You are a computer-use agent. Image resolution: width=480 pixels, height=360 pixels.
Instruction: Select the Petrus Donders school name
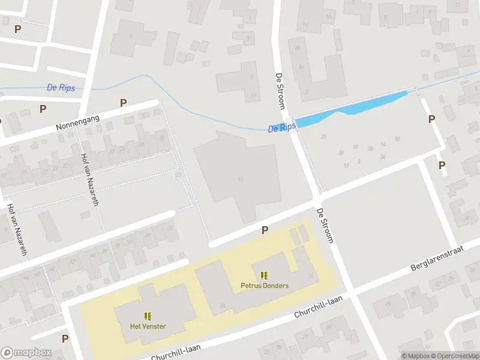tap(265, 286)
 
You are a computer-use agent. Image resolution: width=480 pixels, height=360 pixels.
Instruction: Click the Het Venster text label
tap(148, 326)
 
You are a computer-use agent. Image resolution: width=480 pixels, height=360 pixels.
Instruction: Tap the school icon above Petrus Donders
tap(265, 275)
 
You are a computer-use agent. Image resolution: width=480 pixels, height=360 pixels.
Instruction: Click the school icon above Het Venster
tap(148, 316)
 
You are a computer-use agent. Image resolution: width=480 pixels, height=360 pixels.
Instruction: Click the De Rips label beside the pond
tap(282, 127)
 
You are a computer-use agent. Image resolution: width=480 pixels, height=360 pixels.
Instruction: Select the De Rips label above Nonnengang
tap(61, 88)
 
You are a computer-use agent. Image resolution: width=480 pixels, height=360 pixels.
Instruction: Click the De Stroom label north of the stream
tap(280, 91)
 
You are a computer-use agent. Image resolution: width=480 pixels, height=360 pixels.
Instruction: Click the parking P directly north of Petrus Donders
tap(265, 230)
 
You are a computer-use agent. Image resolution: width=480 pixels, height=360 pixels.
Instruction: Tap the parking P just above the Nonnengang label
tap(123, 103)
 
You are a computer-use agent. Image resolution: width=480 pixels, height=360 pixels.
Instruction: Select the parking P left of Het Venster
tap(65, 338)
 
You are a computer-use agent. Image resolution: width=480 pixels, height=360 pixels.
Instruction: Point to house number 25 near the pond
tap(324, 137)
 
